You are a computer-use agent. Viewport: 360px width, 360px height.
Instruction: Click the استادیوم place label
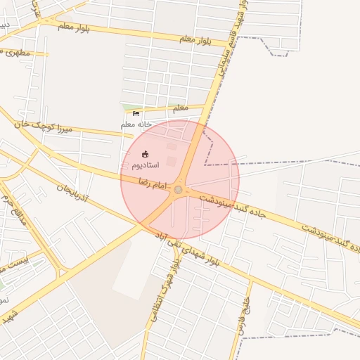pyautogui.click(x=146, y=165)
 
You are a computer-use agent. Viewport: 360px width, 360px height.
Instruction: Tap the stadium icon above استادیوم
pyautogui.click(x=146, y=154)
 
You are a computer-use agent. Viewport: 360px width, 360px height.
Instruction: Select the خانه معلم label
pyautogui.click(x=136, y=124)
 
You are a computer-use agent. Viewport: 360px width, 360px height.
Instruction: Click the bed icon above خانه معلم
pyautogui.click(x=136, y=113)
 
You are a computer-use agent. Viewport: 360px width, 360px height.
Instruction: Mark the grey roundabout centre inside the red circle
pyautogui.click(x=179, y=190)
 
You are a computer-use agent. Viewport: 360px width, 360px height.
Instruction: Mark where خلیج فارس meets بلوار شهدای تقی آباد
pyautogui.click(x=251, y=281)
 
